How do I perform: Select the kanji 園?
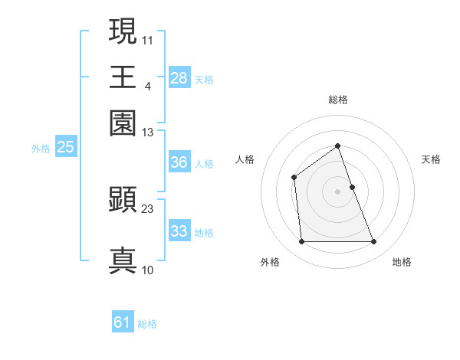point(123,123)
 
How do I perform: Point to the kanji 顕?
point(123,200)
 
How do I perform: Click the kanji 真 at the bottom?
point(123,260)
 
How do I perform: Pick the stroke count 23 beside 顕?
point(148,208)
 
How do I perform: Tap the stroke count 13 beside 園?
point(148,133)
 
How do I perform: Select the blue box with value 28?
point(179,78)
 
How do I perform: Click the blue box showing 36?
point(179,162)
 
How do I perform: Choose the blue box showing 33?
point(179,231)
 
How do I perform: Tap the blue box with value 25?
point(65,148)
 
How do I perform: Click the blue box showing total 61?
point(123,322)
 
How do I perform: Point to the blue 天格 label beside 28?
point(204,79)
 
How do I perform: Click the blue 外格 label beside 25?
point(41,149)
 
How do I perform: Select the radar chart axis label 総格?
point(338,100)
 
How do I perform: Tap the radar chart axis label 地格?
point(402,263)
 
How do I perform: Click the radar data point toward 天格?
point(352,187)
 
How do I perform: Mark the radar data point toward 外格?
point(301,242)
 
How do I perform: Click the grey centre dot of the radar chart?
point(338,191)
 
